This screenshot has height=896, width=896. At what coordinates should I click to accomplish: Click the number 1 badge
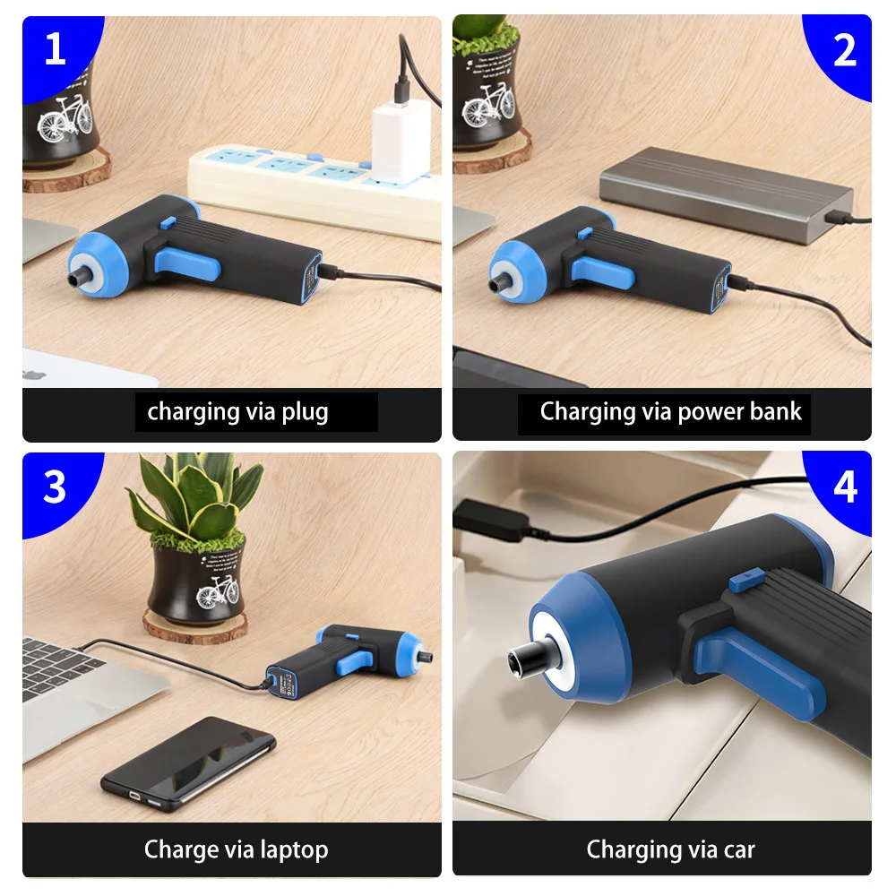coord(55,48)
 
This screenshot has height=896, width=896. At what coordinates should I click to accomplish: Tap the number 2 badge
coord(844,50)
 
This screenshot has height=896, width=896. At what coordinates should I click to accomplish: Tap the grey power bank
coord(726,193)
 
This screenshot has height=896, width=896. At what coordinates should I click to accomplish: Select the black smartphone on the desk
coord(188,762)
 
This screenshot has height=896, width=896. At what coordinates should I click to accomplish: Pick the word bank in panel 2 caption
coord(774,411)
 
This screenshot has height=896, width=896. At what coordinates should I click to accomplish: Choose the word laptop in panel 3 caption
coord(288,849)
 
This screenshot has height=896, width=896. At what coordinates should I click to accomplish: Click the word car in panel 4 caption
coord(739,849)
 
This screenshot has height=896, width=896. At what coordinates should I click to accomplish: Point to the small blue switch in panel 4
coord(740,582)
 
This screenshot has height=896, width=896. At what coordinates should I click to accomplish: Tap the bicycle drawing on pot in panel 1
coord(64,116)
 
